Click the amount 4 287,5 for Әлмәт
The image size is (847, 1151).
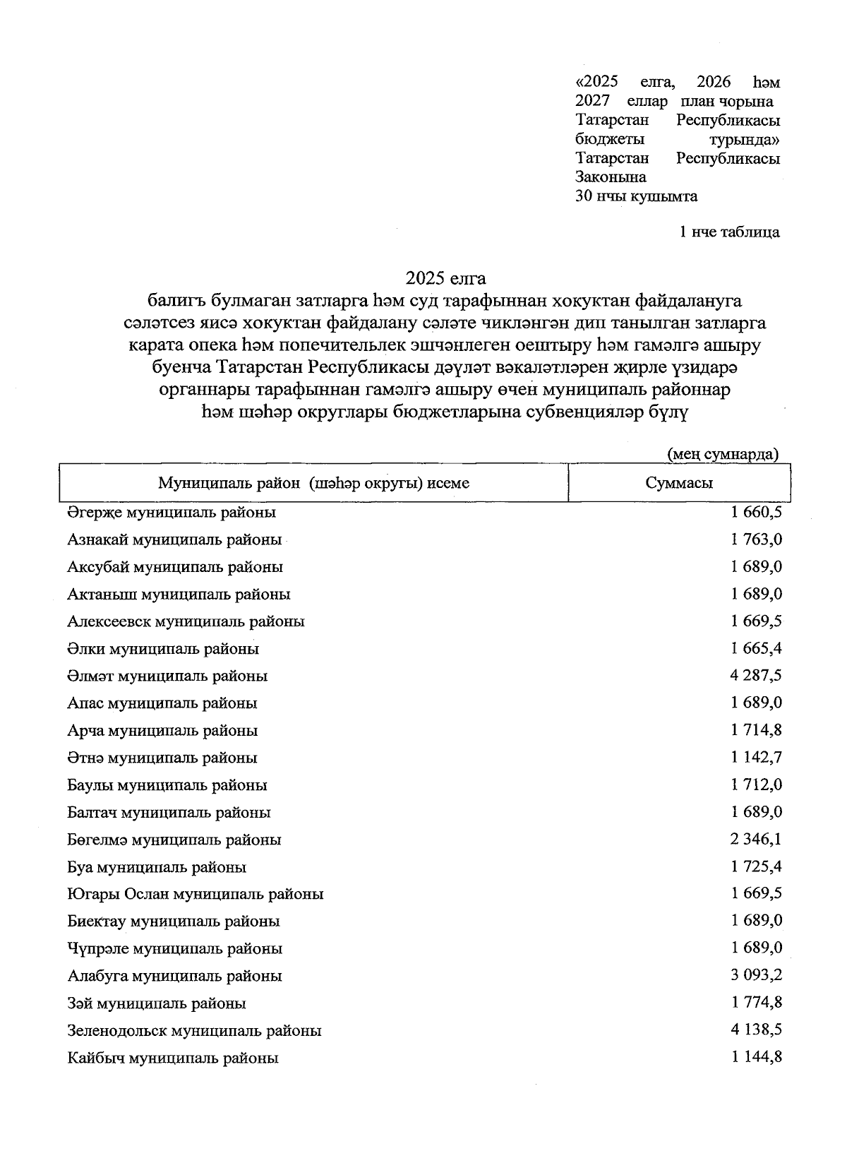[x=756, y=676]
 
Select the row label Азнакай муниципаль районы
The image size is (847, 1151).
[x=174, y=540]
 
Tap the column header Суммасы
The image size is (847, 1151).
[x=678, y=483]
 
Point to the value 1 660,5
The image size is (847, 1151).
[x=756, y=512]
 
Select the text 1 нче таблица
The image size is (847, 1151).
[x=729, y=232]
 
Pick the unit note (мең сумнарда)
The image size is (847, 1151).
[x=723, y=454]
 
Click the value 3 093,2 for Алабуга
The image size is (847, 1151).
[x=756, y=975]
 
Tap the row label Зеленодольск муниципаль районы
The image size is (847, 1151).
[x=195, y=1030]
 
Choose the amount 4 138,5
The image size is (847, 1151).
[x=756, y=1030]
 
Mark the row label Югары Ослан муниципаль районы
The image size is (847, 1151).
[x=196, y=894]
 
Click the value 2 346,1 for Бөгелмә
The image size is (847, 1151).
[x=756, y=840]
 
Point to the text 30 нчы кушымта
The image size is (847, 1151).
[x=637, y=196]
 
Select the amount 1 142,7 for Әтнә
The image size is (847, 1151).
[x=756, y=758]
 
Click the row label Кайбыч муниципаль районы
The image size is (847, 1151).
[x=173, y=1058]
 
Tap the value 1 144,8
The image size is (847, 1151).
[x=756, y=1057]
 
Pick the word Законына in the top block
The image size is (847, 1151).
[x=611, y=177]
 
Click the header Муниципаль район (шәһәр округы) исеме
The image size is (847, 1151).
[x=313, y=483]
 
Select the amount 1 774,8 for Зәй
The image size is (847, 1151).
[x=756, y=1003]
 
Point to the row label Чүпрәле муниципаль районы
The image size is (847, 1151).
[x=175, y=948]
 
